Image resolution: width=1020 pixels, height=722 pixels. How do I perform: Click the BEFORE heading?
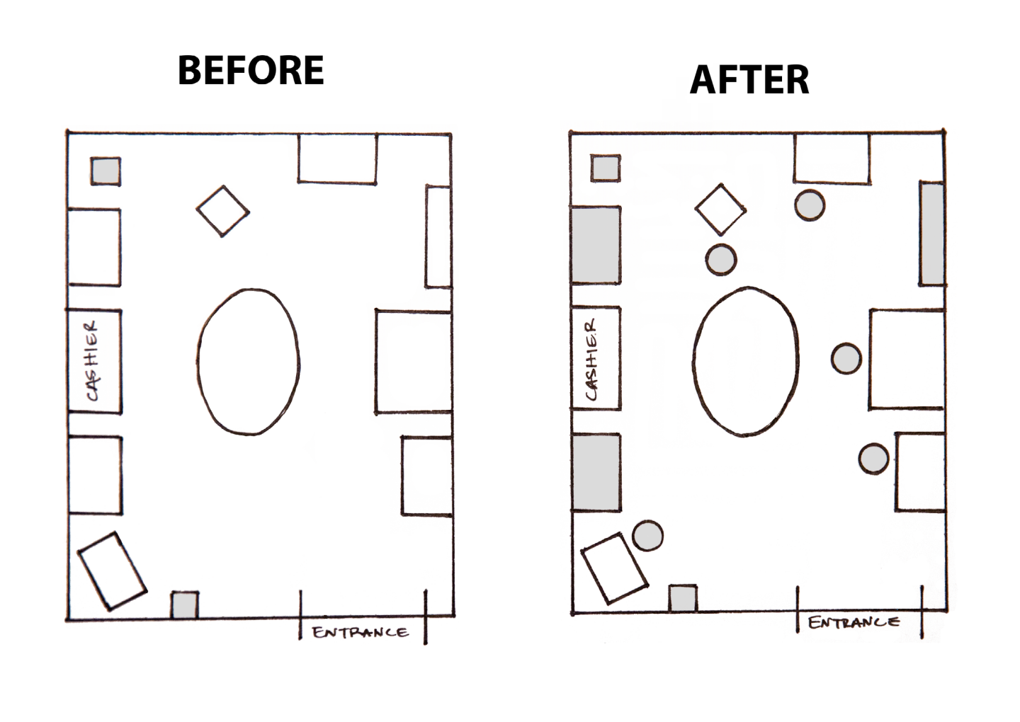point(251,70)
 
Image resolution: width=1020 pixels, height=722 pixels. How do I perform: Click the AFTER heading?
point(749,79)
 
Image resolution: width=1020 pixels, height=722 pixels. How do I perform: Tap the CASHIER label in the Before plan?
point(92,361)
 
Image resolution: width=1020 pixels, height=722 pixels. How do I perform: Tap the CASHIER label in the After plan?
point(592,360)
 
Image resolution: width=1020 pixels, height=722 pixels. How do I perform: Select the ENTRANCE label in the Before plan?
point(360,632)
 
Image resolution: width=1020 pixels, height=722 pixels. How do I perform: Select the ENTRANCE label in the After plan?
point(854,622)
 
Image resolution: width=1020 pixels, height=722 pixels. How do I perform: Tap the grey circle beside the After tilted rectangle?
point(647,535)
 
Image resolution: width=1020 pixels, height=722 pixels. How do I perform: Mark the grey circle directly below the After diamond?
point(721,260)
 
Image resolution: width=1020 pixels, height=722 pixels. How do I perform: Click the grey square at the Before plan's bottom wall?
point(184,605)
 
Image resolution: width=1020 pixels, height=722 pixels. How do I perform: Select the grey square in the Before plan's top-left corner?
point(106,171)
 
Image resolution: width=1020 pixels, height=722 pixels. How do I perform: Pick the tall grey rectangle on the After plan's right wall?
point(931,234)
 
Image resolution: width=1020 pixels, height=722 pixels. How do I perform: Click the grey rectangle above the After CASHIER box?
point(596,245)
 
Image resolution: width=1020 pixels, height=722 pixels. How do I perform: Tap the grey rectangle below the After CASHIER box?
point(596,472)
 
